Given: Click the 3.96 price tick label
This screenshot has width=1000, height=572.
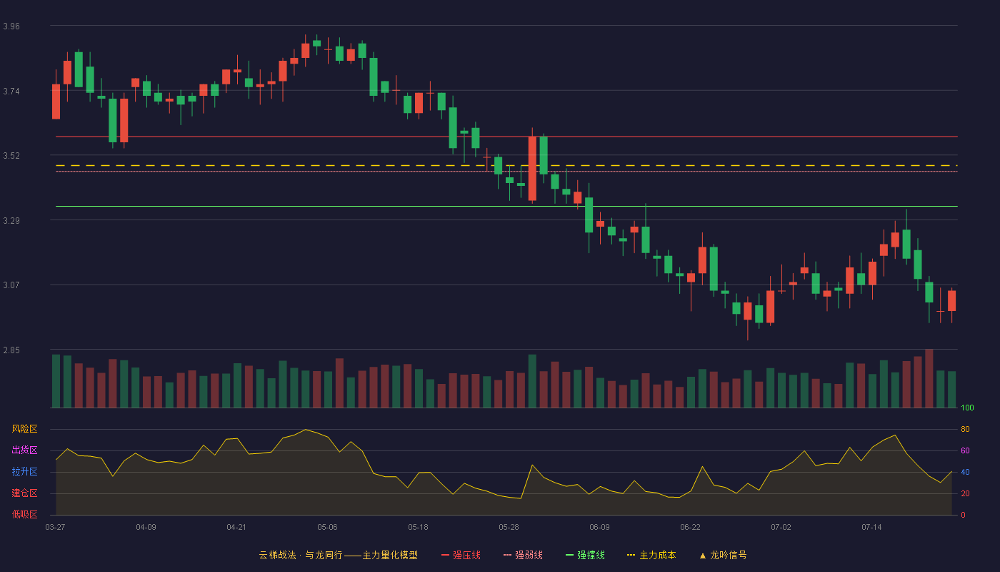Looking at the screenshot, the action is point(11,26).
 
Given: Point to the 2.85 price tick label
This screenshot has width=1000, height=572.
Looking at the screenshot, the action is point(11,350).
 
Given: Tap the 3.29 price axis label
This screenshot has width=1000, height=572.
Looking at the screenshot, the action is point(11,221).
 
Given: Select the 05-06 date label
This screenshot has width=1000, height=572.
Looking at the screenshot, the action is point(327,528).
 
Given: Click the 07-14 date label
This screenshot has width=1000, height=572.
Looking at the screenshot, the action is point(871,528).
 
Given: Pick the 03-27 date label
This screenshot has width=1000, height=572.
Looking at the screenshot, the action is point(56,528).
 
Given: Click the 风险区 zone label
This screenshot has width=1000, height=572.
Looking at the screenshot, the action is point(24,429).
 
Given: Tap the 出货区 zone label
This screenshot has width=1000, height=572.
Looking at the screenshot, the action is point(24,450).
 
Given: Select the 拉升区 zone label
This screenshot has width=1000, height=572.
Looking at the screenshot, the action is point(24,471).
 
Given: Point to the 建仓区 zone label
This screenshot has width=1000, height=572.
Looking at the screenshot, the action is point(24,493).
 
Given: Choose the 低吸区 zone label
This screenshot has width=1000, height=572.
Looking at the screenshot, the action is point(24,514).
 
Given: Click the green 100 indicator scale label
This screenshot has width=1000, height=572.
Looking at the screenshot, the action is point(967,408).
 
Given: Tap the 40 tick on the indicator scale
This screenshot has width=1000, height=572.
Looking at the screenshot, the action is point(965,472).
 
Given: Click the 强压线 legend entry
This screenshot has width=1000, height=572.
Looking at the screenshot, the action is point(461,555).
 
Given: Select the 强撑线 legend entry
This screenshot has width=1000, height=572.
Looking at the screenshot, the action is point(585,555).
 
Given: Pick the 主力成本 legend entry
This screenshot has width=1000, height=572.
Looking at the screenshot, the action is point(651,555).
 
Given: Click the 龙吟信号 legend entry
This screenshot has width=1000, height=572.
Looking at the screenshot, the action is point(723,555).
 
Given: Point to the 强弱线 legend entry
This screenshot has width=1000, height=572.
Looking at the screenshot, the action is point(523,555).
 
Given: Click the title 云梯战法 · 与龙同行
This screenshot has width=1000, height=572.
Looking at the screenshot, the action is point(301,555).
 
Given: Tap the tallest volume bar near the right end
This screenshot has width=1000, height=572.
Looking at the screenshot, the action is point(929,378).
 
